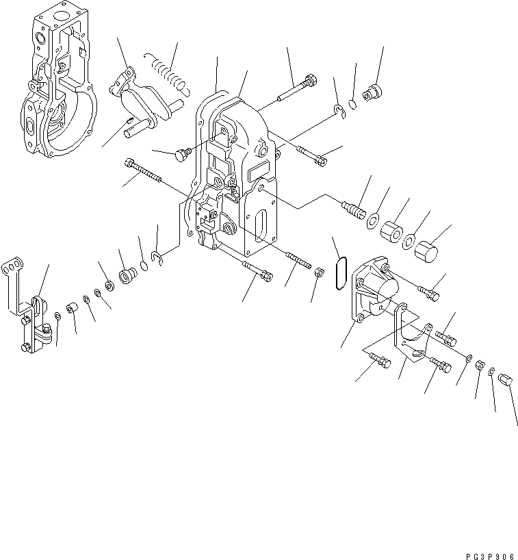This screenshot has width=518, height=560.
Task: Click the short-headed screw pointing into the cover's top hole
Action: (181, 155)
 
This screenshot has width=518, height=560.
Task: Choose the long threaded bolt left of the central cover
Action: (143, 170)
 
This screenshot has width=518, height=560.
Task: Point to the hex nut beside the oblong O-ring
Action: (319, 273)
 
